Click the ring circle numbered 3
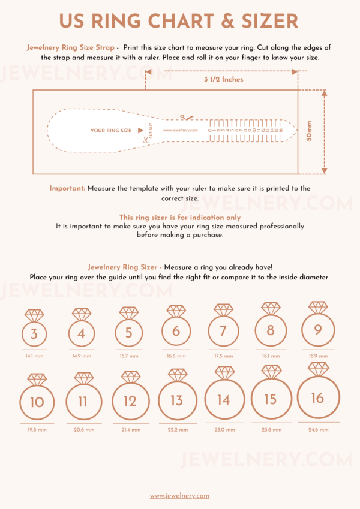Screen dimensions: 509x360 click(34, 334)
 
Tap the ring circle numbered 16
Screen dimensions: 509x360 click(319, 398)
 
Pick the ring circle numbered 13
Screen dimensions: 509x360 click(177, 400)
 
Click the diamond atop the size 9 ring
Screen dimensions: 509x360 click(319, 308)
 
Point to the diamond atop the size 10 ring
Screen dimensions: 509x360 click(37, 380)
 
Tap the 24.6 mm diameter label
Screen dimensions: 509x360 click(318, 429)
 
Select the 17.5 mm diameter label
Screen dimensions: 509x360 click(223, 356)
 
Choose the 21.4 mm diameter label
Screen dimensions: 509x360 click(131, 429)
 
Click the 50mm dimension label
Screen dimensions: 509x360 click(310, 130)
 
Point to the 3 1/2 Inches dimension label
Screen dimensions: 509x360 click(223, 79)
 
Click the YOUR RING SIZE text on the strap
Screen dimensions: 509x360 click(111, 130)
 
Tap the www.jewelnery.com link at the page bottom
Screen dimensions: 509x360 click(179, 495)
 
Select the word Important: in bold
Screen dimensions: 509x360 click(68, 188)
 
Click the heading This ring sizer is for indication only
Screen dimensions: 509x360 click(179, 218)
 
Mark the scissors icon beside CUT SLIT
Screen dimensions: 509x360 click(145, 141)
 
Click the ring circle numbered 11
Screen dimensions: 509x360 click(83, 401)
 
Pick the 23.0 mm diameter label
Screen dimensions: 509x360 click(224, 429)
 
